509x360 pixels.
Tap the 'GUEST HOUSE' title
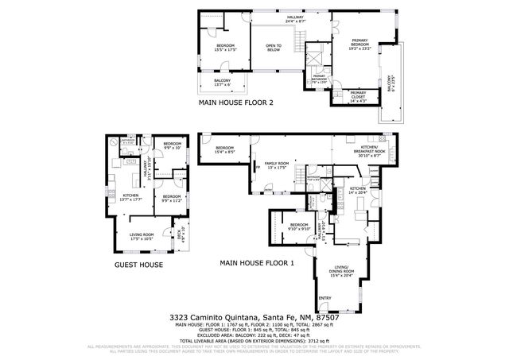[x=140, y=265]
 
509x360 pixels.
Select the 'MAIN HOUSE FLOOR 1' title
[x=256, y=261]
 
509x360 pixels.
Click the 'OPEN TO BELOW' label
[x=274, y=48]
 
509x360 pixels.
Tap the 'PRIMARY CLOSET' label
[x=359, y=99]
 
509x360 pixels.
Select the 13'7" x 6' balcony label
[x=223, y=83]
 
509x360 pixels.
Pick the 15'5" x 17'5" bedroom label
[x=226, y=48]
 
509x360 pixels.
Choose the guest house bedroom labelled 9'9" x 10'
[x=173, y=146]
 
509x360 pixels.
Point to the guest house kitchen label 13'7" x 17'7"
[x=130, y=198]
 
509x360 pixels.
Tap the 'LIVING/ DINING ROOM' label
[x=342, y=270]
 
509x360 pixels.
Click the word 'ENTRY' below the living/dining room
[x=324, y=299]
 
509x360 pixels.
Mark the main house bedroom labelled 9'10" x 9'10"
[x=299, y=228]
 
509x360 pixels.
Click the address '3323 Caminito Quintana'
[x=212, y=317]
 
